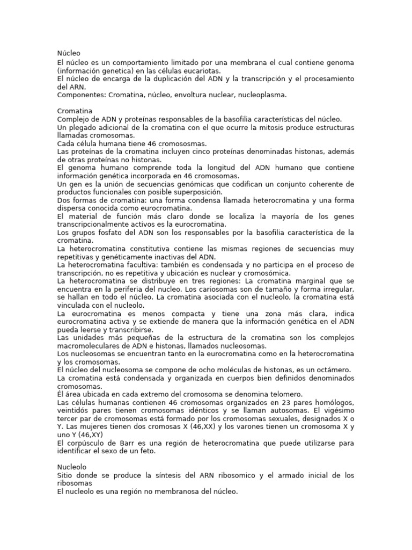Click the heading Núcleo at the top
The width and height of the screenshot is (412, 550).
(68, 53)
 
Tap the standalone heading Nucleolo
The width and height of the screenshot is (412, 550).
(71, 467)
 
